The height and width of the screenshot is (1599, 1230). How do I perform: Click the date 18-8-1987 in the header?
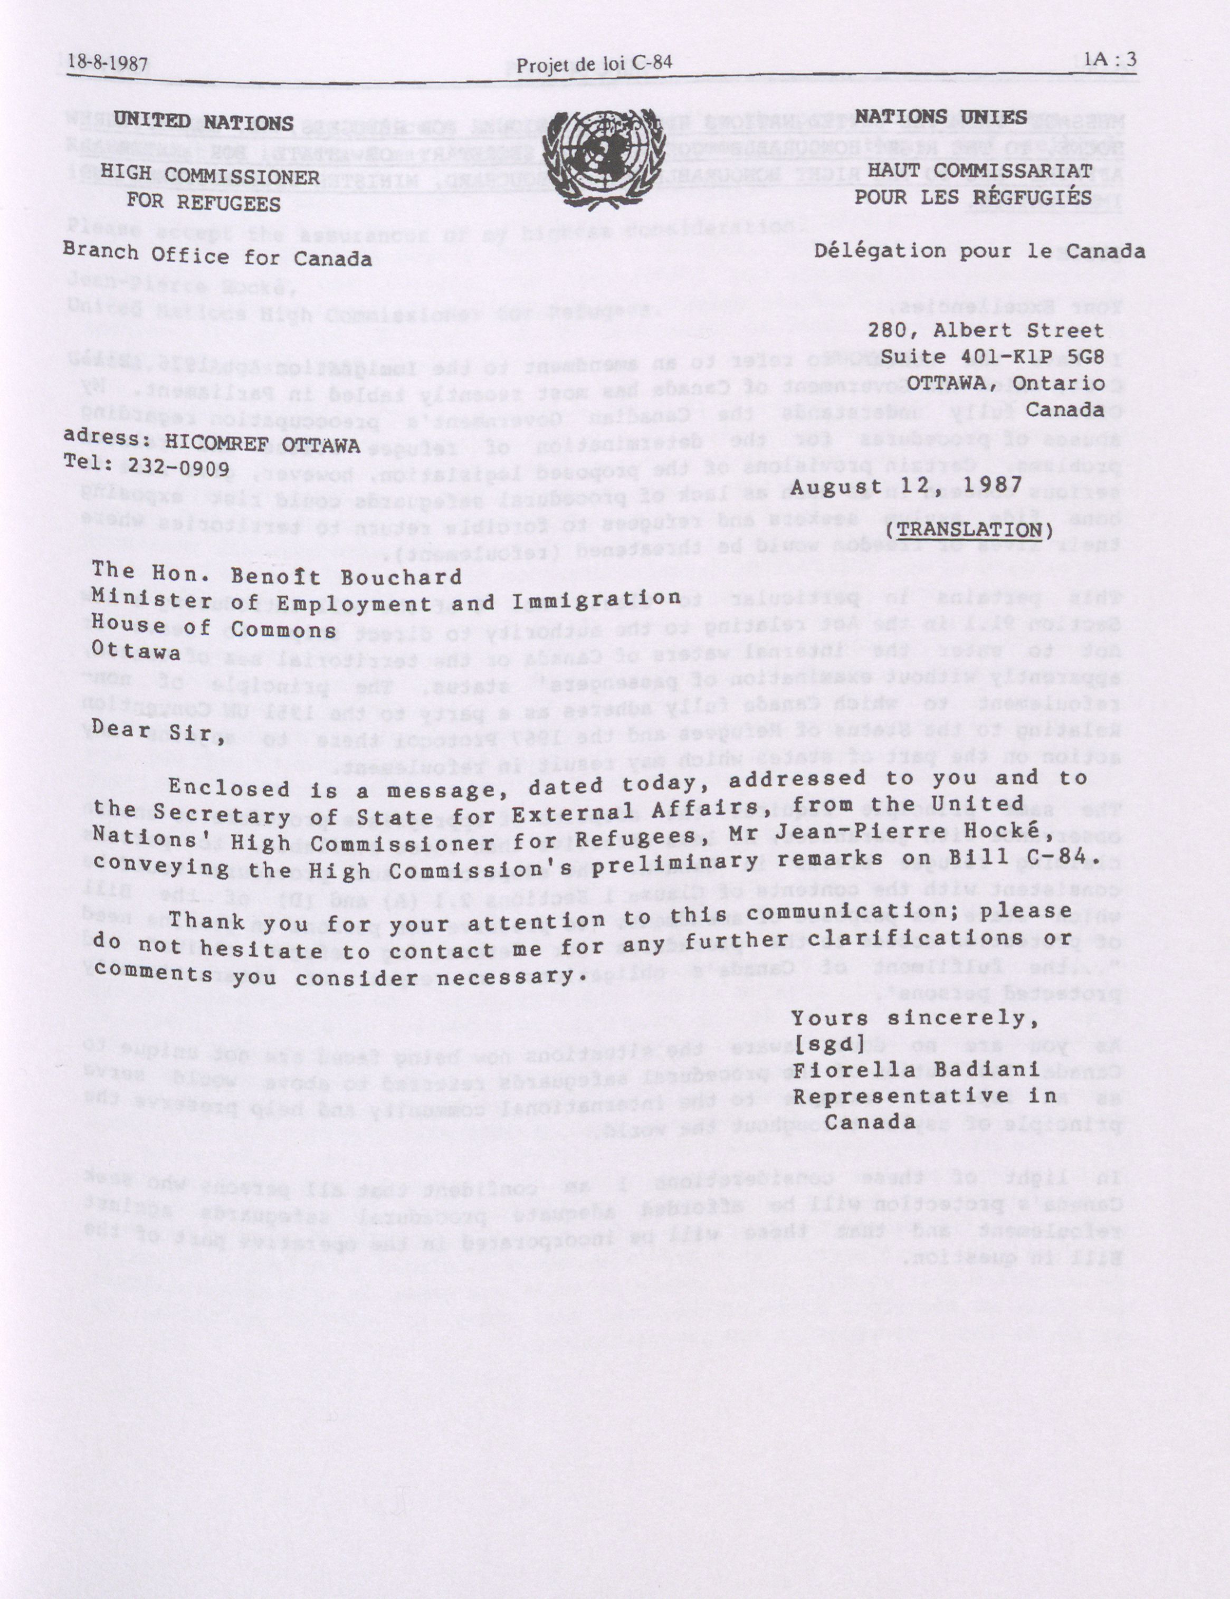coord(108,62)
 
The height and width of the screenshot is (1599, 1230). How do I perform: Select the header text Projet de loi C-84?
coord(594,64)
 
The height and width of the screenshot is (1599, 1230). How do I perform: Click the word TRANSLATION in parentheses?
coord(969,529)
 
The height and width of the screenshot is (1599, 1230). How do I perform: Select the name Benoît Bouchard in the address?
coord(346,576)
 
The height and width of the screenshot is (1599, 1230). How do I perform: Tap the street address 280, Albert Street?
coord(986,330)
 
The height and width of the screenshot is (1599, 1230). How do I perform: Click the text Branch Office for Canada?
coord(217,256)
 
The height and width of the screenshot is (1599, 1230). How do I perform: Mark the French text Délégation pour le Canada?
coord(979,251)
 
